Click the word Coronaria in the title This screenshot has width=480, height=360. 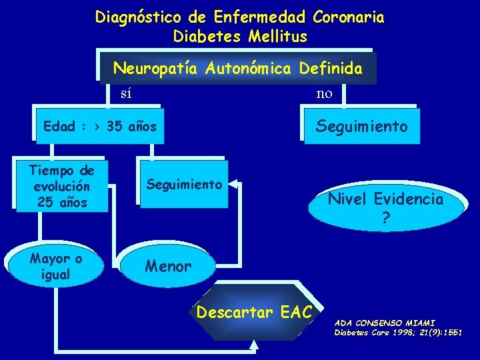coord(348,17)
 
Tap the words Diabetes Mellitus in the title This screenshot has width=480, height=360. coord(240,36)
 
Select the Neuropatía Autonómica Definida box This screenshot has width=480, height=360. coord(238,68)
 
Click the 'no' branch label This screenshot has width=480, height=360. coord(325,93)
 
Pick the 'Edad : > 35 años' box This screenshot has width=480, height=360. coord(99,126)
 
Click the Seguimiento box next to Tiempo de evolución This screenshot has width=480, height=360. coord(183,184)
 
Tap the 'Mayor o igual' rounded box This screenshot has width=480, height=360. coord(56,266)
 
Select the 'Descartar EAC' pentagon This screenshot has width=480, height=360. coord(257,311)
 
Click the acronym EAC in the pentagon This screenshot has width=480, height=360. coord(297,311)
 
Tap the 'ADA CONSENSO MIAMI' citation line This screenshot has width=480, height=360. coord(384,322)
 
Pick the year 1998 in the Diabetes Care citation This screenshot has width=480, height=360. coord(404,332)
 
